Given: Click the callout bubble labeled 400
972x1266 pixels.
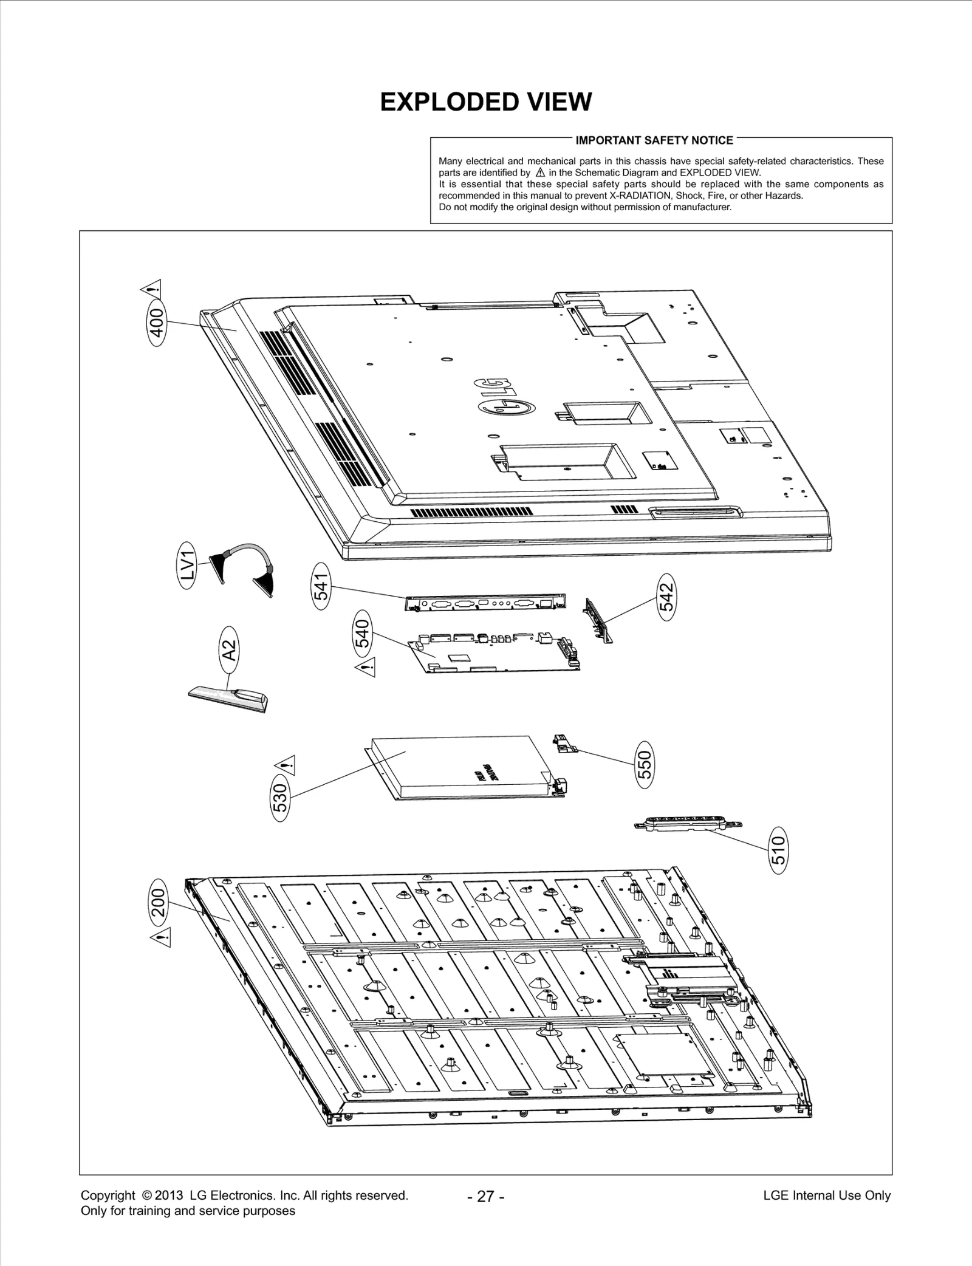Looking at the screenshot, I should pos(157,323).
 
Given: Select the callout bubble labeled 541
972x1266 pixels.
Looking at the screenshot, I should pos(321,587).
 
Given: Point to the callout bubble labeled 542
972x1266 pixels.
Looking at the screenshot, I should pos(667,597).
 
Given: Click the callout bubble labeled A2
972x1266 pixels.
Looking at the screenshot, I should pos(228,651).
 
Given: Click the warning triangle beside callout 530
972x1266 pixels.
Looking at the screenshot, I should pos(286,764).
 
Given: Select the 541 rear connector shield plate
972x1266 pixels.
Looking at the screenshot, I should pos(485,603).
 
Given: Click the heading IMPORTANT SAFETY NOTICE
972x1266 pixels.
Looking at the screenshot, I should pos(654,140).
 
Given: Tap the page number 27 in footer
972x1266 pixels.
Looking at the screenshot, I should pos(485,1196).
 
